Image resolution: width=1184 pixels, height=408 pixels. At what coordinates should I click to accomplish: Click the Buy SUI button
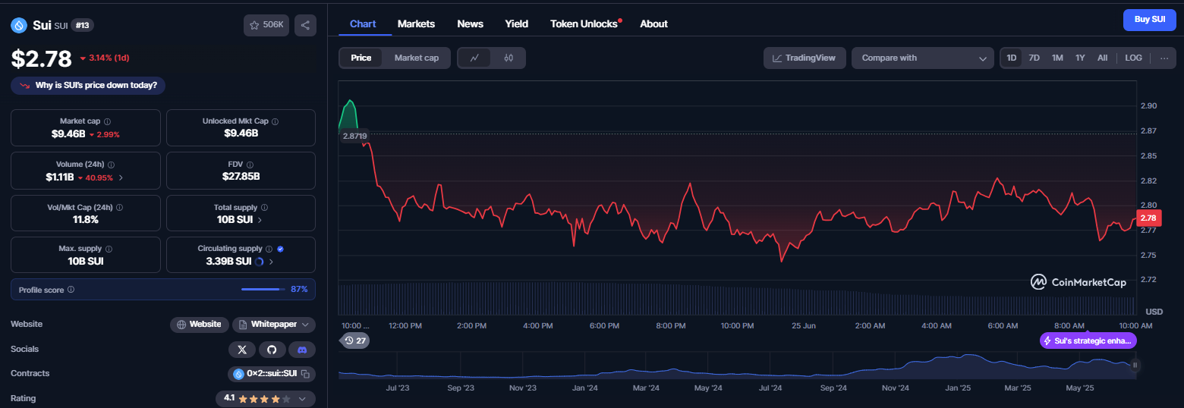[1149, 20]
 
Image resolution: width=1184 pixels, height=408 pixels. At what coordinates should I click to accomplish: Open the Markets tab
[416, 24]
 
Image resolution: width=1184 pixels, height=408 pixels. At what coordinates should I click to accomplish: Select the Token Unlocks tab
[584, 24]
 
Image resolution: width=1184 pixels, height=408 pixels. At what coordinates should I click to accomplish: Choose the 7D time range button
[1034, 58]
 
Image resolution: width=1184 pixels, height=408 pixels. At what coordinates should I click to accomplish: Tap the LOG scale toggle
[1133, 58]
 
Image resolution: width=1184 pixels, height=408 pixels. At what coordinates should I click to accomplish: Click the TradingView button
[805, 58]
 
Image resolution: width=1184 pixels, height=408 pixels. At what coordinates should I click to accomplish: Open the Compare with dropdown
[922, 58]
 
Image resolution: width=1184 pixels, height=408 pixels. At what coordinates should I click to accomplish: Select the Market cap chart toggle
[417, 58]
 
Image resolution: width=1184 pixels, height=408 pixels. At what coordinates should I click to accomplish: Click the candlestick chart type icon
[509, 58]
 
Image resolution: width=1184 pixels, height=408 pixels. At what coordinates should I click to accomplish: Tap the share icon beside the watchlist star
[306, 25]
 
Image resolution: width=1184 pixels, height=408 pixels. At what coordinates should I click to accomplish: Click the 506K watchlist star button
[266, 25]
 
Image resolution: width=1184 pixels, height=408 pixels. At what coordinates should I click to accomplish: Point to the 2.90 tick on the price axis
[1148, 105]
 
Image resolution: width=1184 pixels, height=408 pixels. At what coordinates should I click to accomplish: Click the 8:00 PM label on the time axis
[671, 325]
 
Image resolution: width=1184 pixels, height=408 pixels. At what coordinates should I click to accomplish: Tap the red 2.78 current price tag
[1148, 218]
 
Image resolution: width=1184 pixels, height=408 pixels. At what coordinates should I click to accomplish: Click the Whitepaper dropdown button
[274, 325]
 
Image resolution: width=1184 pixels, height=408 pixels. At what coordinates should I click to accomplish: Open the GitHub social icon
[272, 350]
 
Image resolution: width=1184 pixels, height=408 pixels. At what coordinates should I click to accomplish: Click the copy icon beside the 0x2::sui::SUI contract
[306, 374]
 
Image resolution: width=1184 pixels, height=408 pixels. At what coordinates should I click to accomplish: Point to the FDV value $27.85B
[241, 176]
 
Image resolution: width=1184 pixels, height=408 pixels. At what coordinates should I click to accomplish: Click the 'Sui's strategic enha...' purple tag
[1088, 341]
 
